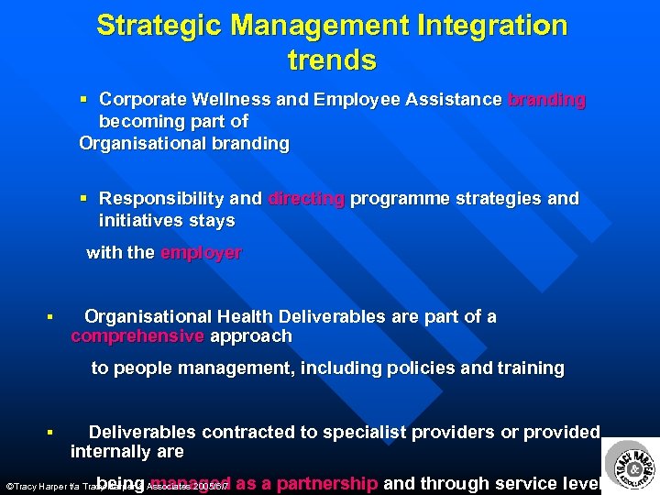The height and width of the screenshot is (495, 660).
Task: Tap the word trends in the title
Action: tap(332, 60)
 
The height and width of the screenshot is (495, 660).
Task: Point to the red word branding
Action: tap(546, 99)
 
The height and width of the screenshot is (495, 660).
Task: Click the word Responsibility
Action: tap(161, 198)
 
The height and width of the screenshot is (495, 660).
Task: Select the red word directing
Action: tap(306, 198)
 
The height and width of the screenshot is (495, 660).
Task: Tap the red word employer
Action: tap(201, 253)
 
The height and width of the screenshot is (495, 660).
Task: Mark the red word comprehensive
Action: tap(137, 336)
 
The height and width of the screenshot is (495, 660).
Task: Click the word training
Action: tap(531, 368)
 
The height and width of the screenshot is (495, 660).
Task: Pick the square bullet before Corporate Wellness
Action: tap(84, 99)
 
